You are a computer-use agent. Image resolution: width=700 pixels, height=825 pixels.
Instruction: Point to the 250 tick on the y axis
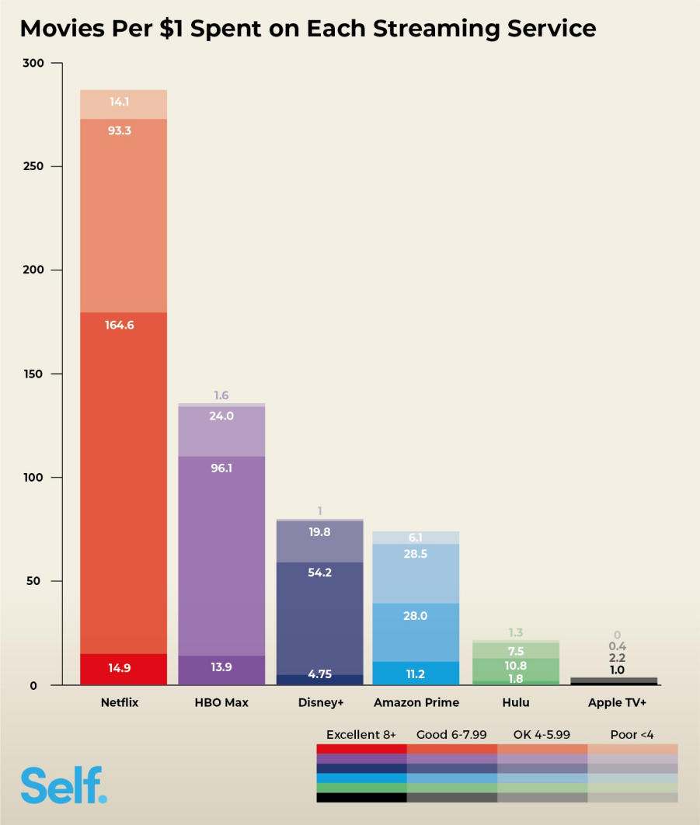pos(33,167)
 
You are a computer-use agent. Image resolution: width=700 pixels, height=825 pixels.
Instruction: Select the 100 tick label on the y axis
pos(33,478)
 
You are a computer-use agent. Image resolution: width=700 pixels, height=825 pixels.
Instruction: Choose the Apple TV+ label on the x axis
pos(617,703)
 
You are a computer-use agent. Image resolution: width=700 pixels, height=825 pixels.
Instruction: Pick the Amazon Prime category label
pos(416,703)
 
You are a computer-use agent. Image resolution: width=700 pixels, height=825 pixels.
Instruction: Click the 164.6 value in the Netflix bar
pos(120,325)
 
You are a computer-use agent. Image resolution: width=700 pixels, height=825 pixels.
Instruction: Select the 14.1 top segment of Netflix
pos(120,102)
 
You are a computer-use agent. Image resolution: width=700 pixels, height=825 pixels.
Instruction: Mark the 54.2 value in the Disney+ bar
pos(319,572)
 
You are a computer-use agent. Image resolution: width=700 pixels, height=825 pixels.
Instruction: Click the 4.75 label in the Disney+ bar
pos(319,675)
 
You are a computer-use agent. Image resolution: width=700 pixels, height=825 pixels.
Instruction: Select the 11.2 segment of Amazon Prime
pos(416,674)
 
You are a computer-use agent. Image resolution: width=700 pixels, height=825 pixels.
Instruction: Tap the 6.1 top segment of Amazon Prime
pos(416,538)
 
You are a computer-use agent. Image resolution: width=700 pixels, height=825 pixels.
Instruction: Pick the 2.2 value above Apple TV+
pos(617,657)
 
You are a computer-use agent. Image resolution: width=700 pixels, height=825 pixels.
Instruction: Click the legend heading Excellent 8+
pos(361,735)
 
